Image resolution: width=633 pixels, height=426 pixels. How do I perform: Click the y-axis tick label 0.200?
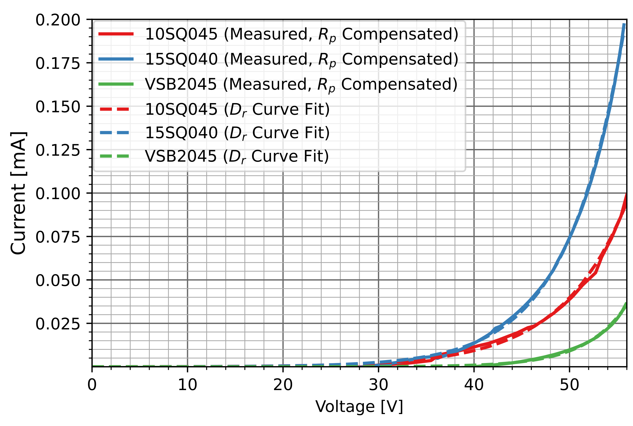click(58, 20)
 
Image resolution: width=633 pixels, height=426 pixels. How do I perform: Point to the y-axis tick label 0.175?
click(58, 64)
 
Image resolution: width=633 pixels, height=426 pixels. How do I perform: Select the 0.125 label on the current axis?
click(58, 150)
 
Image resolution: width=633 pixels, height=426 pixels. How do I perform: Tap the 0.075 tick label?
click(58, 237)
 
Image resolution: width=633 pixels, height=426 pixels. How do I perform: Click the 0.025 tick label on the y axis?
click(58, 324)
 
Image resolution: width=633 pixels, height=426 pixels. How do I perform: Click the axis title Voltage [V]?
click(359, 407)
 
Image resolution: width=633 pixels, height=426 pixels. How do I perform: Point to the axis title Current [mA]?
click(18, 193)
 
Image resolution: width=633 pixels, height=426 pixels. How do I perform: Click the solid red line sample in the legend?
click(116, 34)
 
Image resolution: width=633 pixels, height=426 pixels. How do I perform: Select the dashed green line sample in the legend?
click(116, 156)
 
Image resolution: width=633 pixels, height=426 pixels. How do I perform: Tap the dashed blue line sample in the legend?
click(116, 133)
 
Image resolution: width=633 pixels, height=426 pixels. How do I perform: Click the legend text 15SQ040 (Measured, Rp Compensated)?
click(301, 59)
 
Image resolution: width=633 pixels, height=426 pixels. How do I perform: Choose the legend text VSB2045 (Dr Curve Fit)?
click(237, 156)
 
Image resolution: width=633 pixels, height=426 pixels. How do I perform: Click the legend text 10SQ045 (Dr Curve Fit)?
click(237, 109)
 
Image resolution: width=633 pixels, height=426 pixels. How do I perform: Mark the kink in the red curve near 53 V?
click(596, 273)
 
